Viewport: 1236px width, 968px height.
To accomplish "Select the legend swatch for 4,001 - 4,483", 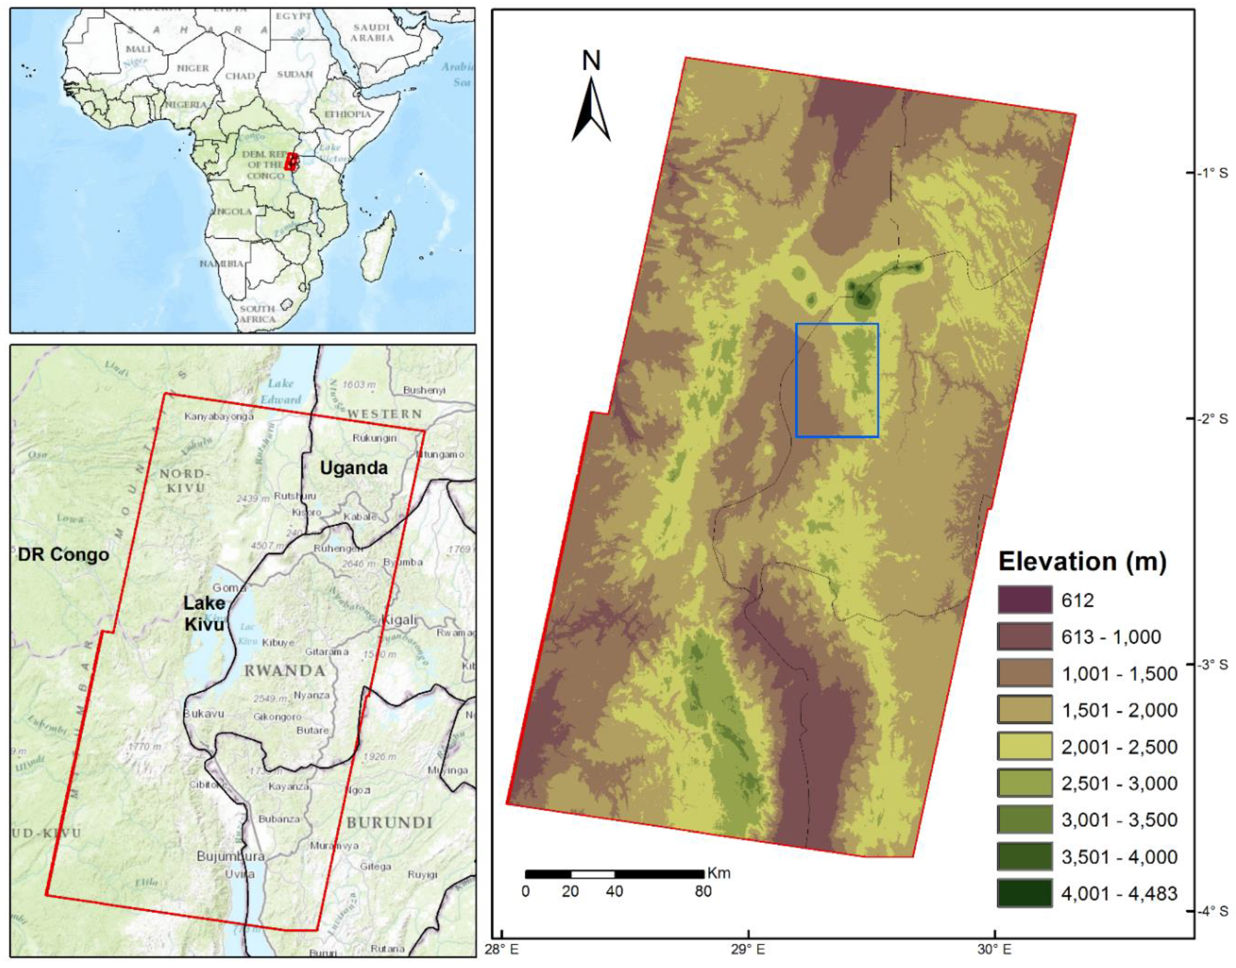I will coord(1025,894).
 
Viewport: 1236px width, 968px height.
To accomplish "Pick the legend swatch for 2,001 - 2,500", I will coord(1025,747).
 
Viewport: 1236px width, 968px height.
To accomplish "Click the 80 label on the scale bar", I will coord(703,891).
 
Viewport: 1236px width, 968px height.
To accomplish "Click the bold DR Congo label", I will coord(63,554).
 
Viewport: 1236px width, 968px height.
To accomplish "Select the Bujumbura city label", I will coord(231,856).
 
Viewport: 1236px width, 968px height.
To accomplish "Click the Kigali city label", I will coord(400,620).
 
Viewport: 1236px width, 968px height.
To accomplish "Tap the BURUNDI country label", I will coord(390,822).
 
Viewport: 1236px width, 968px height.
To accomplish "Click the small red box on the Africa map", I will coord(291,162).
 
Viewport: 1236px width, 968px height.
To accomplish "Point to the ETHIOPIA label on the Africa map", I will coord(347,114).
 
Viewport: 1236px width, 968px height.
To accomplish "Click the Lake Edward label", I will coord(281,391).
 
